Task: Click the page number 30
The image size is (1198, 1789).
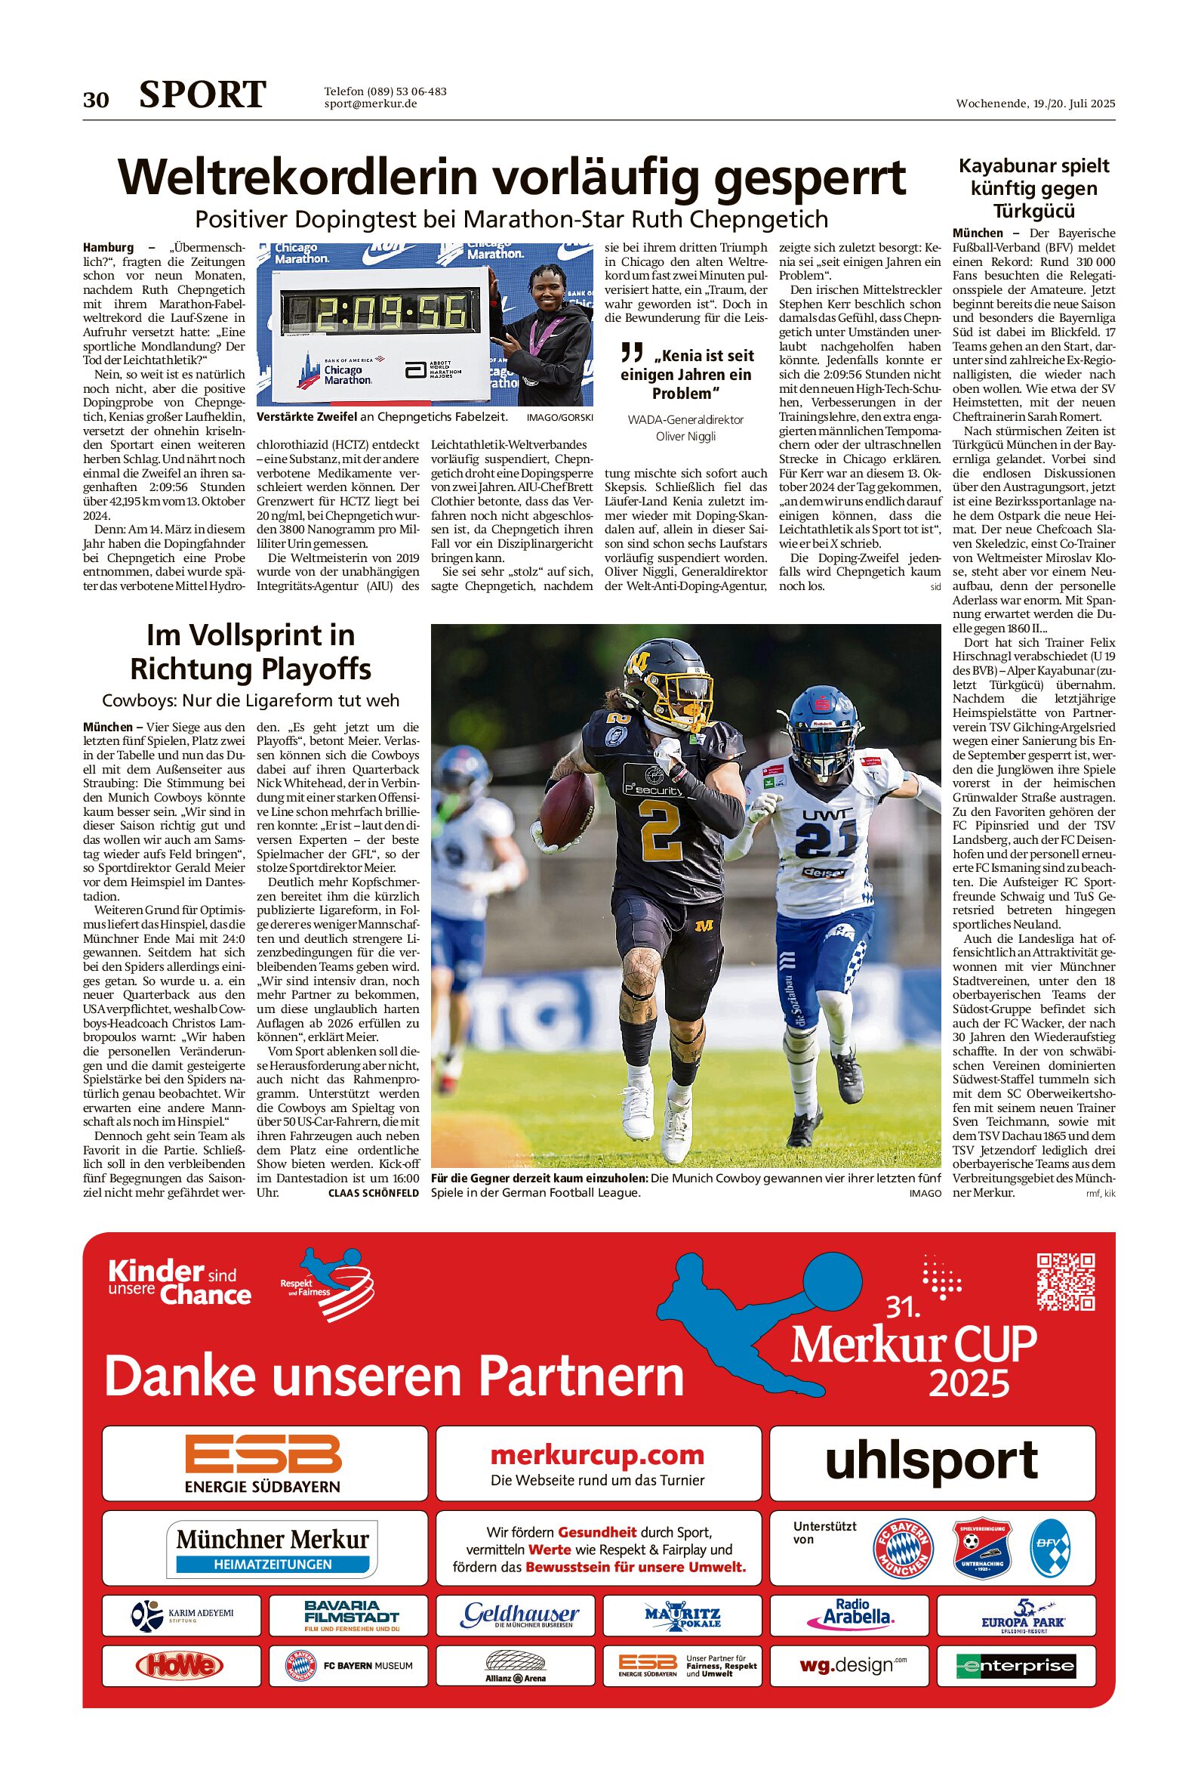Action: (x=96, y=100)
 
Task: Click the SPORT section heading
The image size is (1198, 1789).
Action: (x=202, y=95)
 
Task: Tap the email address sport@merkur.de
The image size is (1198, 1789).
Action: (x=370, y=104)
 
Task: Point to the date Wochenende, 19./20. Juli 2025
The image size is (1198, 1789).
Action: (x=1034, y=104)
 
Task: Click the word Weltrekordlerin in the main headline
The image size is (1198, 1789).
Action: (x=298, y=178)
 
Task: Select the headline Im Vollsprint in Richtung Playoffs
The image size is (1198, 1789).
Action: (x=251, y=651)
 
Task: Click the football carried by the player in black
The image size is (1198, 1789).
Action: (x=566, y=810)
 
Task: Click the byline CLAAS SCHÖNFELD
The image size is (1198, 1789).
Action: (x=374, y=1193)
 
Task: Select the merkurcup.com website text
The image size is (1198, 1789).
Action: (x=597, y=1455)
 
